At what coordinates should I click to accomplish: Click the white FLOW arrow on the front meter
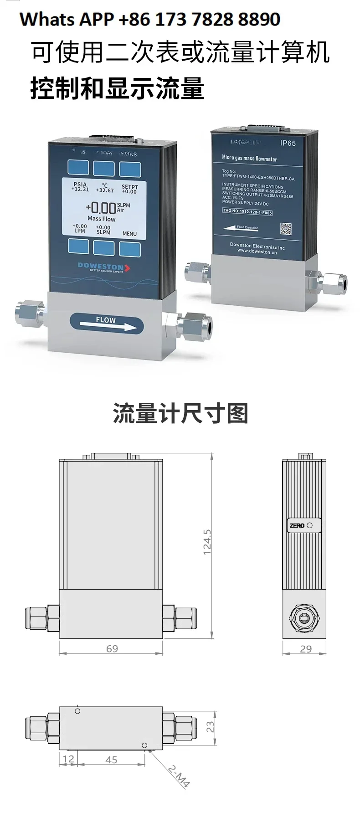coord(108,327)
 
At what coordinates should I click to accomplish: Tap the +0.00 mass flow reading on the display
coord(101,208)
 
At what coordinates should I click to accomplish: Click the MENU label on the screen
coord(129,234)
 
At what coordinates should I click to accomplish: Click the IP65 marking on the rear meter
coord(288,143)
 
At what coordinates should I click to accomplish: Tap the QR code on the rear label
coord(285,228)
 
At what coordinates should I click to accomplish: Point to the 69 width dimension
coord(112,648)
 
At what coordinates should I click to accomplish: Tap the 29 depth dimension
coord(306,649)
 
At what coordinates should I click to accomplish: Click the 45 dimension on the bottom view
coord(111,760)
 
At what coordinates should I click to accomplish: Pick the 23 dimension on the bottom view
coord(210,726)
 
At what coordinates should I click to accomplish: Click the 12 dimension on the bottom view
coord(68,759)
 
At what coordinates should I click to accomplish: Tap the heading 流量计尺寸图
coord(180,413)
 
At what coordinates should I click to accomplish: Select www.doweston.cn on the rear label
coord(257,251)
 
